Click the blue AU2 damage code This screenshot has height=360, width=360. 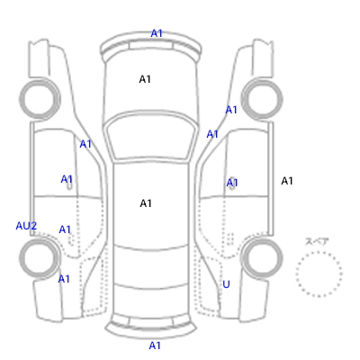pos(26,226)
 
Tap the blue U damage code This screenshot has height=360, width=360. pos(226,284)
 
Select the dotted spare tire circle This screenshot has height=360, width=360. pos(319,274)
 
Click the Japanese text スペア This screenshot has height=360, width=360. pos(317,241)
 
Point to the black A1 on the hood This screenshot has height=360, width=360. pos(145,79)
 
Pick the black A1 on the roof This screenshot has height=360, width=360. pos(146,203)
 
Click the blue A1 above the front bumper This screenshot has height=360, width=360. pos(157,33)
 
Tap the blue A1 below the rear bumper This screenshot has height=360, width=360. pos(155,346)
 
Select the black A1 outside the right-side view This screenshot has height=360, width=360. pos(287,181)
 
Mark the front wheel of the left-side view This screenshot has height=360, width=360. pos(40,98)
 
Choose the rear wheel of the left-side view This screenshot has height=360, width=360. pos(40,257)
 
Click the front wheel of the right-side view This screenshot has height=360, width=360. pos(262,98)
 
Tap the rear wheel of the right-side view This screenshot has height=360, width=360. pos(262,257)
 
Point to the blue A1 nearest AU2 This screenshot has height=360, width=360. pos(65,229)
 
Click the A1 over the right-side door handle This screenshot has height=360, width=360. pos(232,183)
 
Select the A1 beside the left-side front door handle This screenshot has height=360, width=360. pos(67,179)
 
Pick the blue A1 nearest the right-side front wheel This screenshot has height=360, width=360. pos(231,110)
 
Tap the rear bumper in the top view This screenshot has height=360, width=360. pos(151,328)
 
